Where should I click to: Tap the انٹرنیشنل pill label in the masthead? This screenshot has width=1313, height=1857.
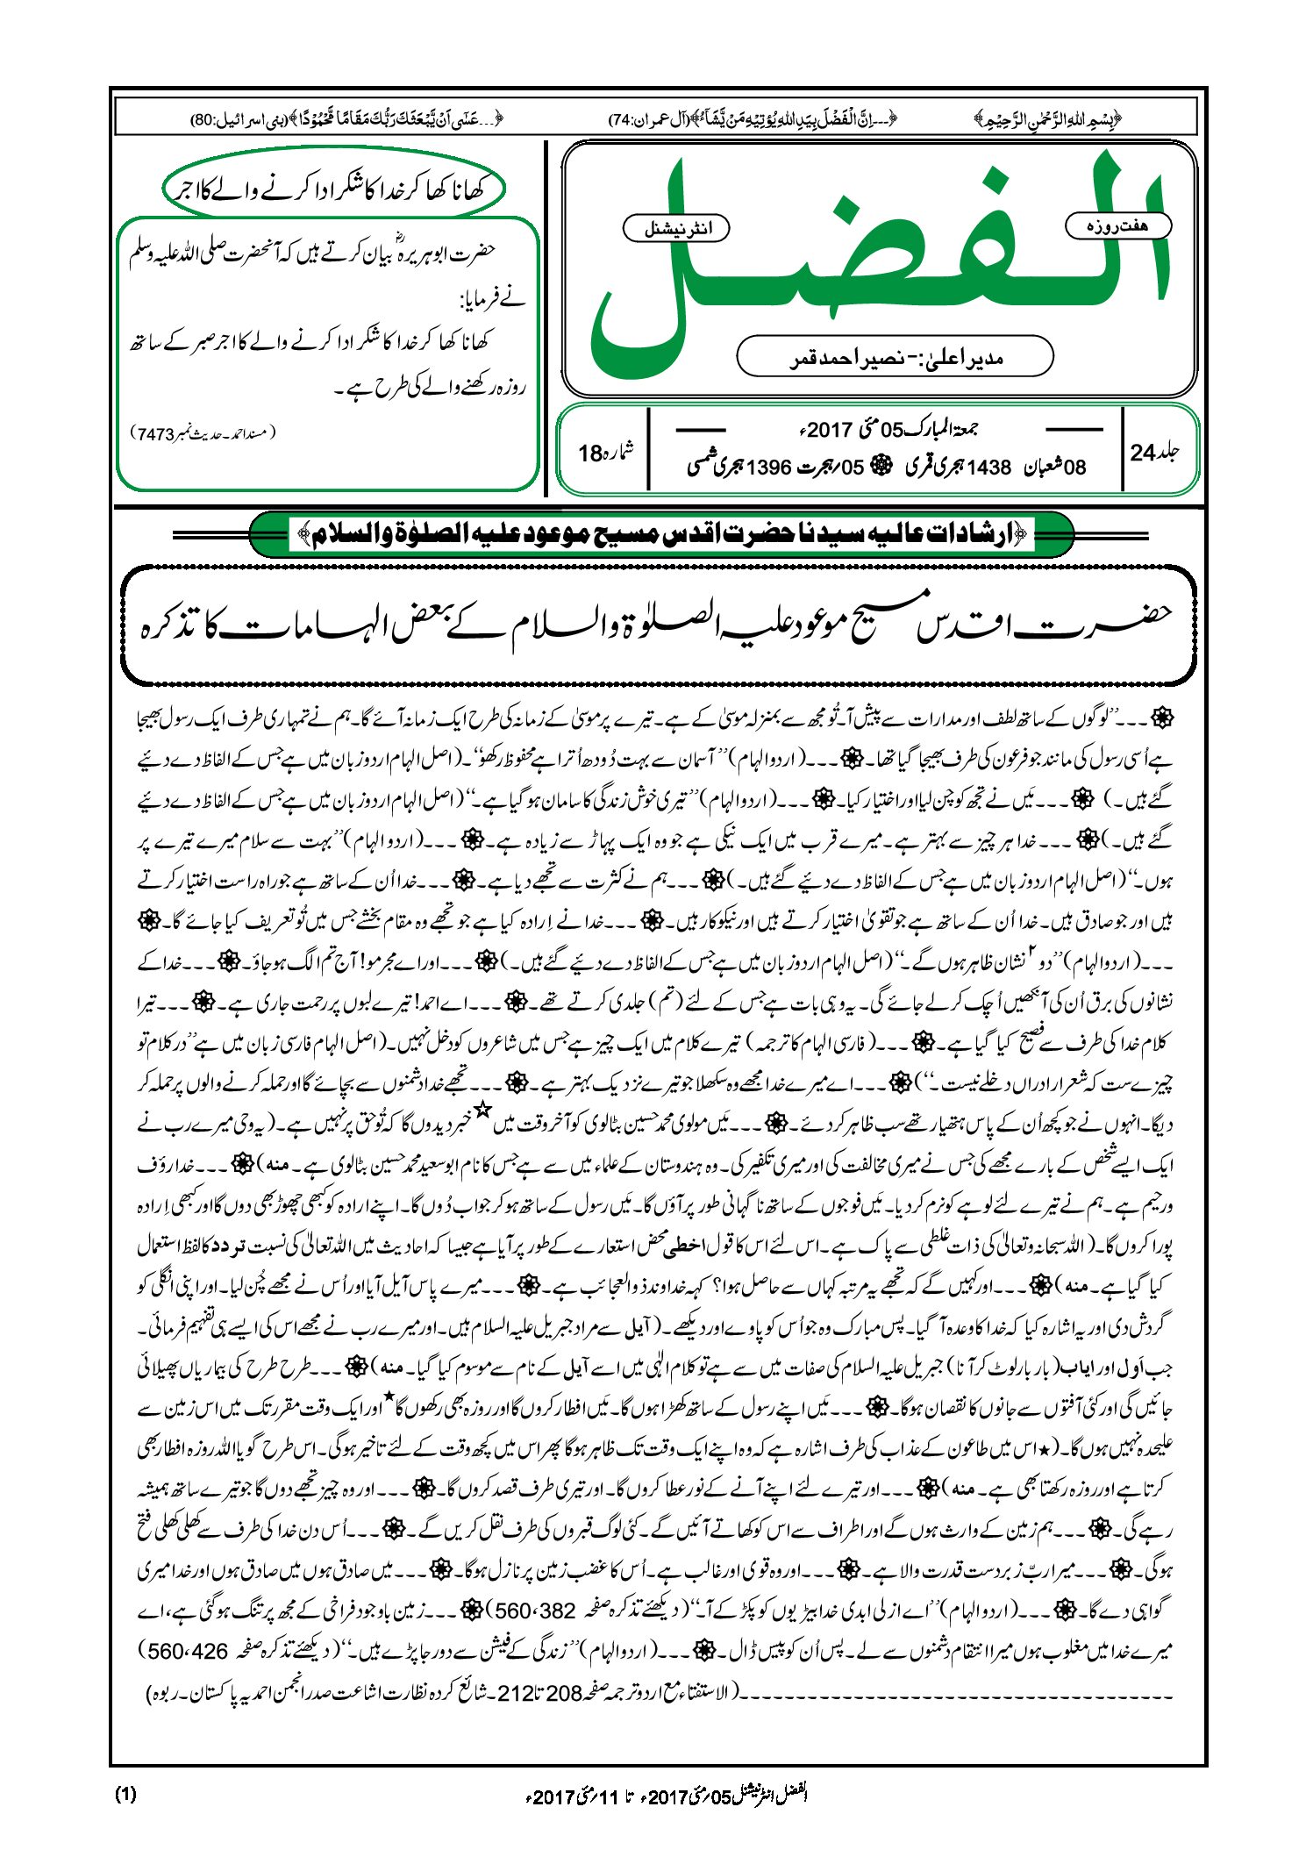(675, 228)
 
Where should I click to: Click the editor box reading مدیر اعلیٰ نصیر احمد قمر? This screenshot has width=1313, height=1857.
(895, 357)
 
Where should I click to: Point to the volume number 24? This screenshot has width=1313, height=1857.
(1143, 453)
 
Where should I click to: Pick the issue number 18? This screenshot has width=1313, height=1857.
(590, 454)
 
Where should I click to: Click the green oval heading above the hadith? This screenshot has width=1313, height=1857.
(334, 189)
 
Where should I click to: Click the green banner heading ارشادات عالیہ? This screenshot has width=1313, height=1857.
(661, 533)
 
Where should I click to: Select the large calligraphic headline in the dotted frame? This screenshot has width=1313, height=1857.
(658, 625)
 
